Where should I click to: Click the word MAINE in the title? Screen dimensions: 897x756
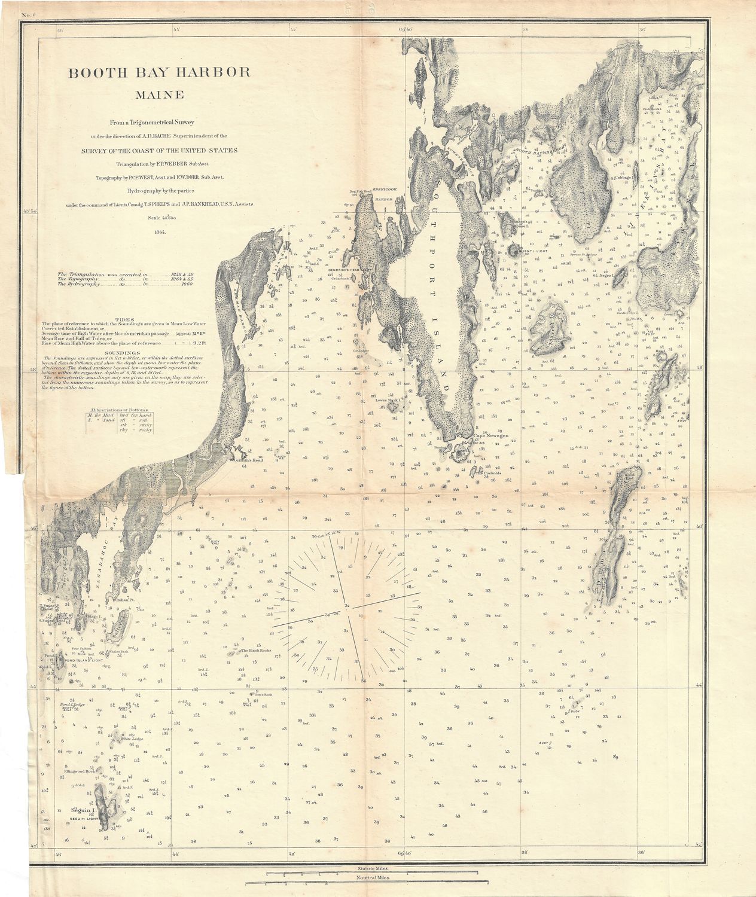click(159, 94)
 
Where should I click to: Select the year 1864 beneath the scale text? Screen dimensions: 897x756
click(159, 231)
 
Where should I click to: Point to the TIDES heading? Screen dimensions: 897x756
click(124, 320)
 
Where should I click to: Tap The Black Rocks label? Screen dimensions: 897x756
click(255, 650)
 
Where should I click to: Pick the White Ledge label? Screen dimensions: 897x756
click(132, 739)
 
